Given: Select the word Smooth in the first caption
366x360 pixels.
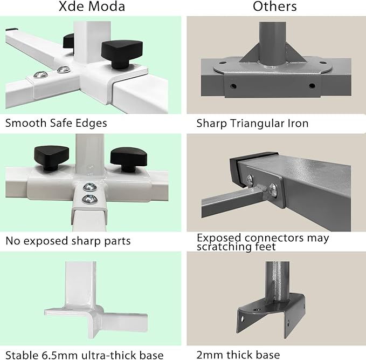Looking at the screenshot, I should [x=23, y=123].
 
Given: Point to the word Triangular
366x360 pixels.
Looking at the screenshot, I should [x=255, y=124].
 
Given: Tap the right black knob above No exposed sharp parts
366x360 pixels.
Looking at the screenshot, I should [x=128, y=160].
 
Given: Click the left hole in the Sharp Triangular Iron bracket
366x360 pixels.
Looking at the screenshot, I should [x=234, y=86].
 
